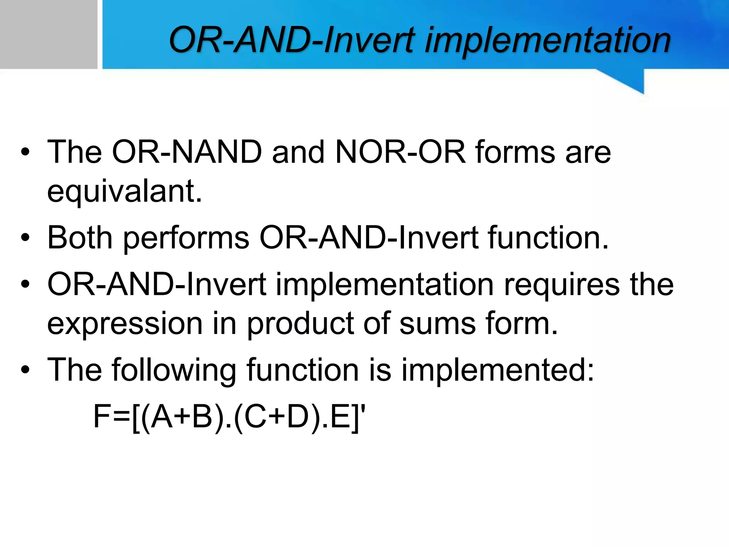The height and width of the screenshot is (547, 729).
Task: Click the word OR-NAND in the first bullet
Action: click(187, 152)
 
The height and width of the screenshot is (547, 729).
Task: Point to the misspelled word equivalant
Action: click(125, 192)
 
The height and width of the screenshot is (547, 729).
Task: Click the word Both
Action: click(80, 238)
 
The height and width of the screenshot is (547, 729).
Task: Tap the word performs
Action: click(186, 238)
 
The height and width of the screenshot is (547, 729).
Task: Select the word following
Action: click(174, 370)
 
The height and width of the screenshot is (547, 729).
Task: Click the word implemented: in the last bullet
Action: click(498, 370)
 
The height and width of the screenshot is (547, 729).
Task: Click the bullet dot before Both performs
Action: click(25, 238)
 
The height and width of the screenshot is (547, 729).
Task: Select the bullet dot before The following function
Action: click(25, 370)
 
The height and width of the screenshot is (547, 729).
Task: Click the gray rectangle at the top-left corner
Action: click(48, 34)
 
